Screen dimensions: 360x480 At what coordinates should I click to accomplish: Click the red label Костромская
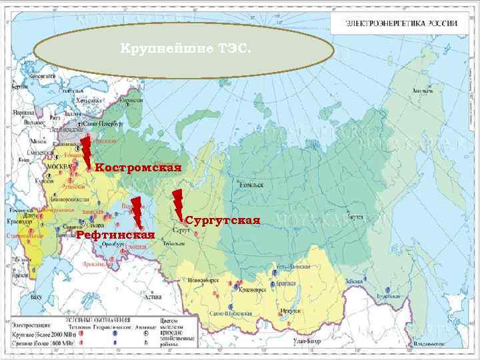[x=138, y=167]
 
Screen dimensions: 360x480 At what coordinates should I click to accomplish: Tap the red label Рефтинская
[x=115, y=235]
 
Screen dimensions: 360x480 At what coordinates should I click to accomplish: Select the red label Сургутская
[x=222, y=220]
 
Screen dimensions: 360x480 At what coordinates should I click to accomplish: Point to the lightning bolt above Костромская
[x=86, y=151]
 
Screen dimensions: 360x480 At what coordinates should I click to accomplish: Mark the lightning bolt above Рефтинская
[x=137, y=212]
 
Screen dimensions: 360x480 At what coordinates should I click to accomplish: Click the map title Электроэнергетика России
[x=401, y=23]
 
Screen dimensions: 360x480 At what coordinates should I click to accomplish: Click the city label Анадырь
[x=421, y=89]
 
